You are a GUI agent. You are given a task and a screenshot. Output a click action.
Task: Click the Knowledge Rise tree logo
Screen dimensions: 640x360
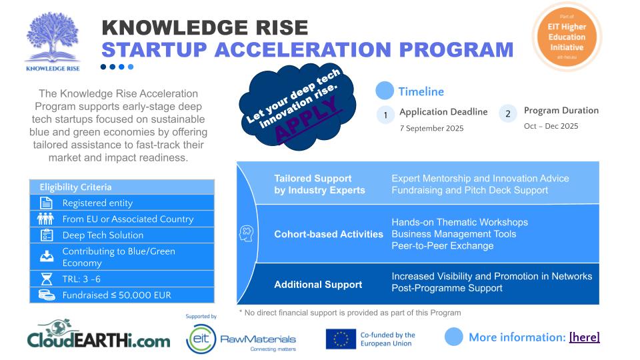tap(53, 41)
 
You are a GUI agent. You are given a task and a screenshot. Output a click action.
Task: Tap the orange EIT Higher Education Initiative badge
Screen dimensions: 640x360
tap(567, 37)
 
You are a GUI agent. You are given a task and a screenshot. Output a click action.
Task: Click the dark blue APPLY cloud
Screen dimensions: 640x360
tap(297, 109)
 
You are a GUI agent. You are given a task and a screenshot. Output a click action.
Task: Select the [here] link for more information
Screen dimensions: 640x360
tap(584, 337)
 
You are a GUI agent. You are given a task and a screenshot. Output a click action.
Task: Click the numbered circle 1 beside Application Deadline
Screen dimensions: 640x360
tap(385, 115)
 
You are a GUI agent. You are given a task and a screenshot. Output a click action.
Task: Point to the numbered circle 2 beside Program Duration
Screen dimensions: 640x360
tap(508, 113)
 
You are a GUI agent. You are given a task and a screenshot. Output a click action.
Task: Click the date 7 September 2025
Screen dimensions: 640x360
tap(431, 128)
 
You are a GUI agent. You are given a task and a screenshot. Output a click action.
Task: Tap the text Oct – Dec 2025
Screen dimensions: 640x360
tap(551, 126)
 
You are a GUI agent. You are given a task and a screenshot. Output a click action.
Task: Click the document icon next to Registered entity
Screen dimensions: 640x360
tap(46, 203)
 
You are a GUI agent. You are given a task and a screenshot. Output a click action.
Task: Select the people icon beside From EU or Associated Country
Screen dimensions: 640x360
tap(45, 219)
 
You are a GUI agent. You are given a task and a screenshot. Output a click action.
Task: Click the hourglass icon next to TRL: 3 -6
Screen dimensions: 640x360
tap(47, 279)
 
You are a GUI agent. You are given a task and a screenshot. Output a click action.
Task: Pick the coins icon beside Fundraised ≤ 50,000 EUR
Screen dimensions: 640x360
tap(47, 295)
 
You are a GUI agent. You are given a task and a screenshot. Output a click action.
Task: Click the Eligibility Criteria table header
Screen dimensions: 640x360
tap(122, 187)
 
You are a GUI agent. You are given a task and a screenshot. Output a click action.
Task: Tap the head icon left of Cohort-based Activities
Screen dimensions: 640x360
tap(246, 233)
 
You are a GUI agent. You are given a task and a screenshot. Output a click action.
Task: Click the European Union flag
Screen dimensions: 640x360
tap(341, 339)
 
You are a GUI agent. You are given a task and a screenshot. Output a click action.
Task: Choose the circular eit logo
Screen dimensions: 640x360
tap(201, 339)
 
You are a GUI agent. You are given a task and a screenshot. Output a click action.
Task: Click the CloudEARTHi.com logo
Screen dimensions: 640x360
tap(99, 335)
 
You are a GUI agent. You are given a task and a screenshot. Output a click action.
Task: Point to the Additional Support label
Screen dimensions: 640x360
tap(318, 285)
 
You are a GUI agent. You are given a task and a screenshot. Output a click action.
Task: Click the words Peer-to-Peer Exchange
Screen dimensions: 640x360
tap(443, 246)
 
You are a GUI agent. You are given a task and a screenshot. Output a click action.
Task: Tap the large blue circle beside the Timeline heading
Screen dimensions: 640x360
tap(385, 91)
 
